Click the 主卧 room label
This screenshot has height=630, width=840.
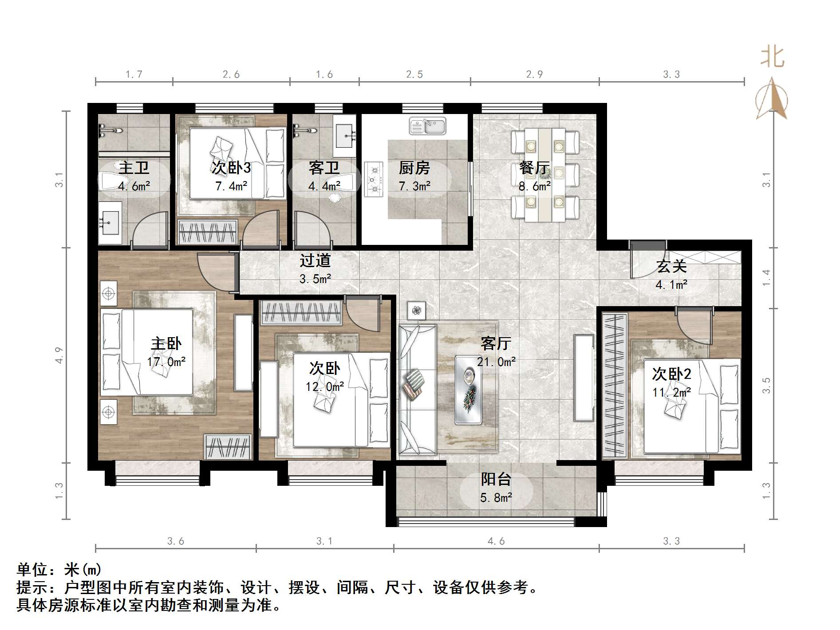click(x=166, y=344)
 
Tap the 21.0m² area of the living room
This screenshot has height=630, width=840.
click(x=496, y=362)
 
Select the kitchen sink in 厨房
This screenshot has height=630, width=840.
click(x=427, y=126)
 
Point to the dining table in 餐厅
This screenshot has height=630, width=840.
click(x=545, y=175)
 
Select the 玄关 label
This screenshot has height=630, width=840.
click(x=671, y=266)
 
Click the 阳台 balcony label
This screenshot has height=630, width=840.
click(x=496, y=479)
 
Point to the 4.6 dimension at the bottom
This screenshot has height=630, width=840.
click(x=496, y=541)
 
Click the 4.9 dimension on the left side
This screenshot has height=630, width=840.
click(x=59, y=355)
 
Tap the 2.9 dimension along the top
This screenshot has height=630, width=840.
click(x=534, y=75)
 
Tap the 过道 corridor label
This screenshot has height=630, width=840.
click(x=315, y=260)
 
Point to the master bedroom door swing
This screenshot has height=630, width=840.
click(x=213, y=271)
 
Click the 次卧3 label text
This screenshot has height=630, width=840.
click(x=231, y=168)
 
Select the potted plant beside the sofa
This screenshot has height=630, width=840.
click(x=416, y=311)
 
